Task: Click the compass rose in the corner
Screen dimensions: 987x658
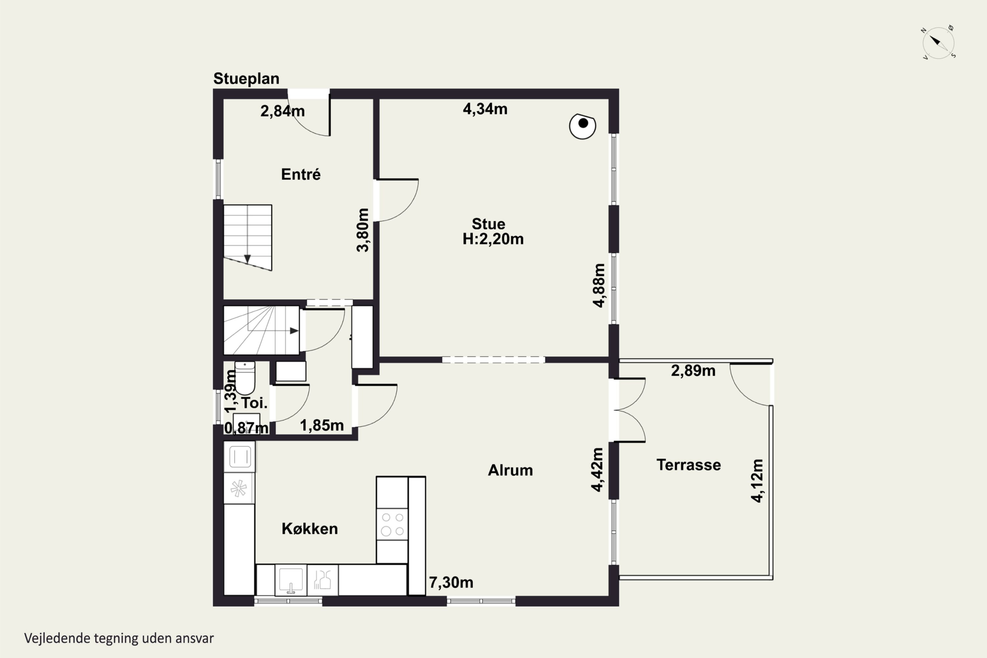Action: coord(938,43)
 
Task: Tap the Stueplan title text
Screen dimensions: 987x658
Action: coord(246,79)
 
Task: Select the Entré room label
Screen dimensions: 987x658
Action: coord(301,174)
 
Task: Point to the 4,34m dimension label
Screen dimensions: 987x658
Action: coord(485,109)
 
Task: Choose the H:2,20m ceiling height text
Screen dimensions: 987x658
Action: coord(493,239)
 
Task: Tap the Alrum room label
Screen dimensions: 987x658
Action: coord(510,470)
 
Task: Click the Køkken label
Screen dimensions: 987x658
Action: coord(310,528)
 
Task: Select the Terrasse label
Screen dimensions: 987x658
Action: coord(689,465)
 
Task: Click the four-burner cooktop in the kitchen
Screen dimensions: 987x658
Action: coord(392,524)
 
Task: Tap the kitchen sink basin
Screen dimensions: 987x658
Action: coord(291,580)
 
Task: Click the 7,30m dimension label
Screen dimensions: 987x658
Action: coord(451,582)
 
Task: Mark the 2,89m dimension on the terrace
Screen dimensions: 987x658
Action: coord(693,370)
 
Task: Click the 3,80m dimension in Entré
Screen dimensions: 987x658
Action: coord(363,230)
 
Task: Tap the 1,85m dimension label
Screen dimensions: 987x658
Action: coord(322,425)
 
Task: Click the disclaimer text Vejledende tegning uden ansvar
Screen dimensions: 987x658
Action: coord(119,638)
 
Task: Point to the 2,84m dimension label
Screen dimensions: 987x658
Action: coord(282,111)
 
